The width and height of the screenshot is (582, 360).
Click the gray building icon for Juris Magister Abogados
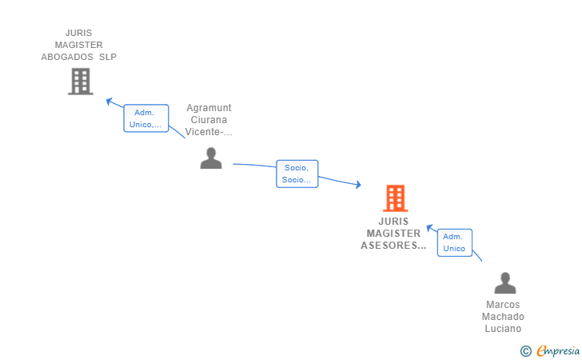[x=81, y=82]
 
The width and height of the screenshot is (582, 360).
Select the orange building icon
[x=395, y=198]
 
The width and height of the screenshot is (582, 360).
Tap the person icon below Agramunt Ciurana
[x=211, y=158]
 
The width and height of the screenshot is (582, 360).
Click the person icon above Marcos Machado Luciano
[x=504, y=283]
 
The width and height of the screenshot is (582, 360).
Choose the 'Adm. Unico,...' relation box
[x=145, y=118]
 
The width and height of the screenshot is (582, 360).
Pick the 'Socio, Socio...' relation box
[x=297, y=174]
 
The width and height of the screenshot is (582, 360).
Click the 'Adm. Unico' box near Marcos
[x=454, y=242]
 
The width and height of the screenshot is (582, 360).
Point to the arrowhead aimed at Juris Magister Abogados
[x=109, y=101]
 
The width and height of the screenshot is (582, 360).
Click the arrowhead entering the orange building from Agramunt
[x=358, y=184]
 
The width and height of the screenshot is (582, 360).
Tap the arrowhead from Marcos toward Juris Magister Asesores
[x=429, y=228]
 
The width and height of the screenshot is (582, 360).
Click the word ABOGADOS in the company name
[x=67, y=57]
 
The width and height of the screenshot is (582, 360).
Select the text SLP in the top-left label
[x=108, y=57]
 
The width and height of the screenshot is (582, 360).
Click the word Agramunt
[x=209, y=108]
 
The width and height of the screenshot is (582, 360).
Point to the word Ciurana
[x=209, y=120]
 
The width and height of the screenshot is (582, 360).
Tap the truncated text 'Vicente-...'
[x=209, y=132]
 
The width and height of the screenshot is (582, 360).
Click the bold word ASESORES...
[x=393, y=246]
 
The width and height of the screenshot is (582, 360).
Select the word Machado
[x=503, y=317]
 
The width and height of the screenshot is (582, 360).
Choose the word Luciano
[x=503, y=329]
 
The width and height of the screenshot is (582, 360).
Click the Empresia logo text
[x=558, y=350]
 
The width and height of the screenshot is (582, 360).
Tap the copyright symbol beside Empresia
[x=526, y=351]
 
